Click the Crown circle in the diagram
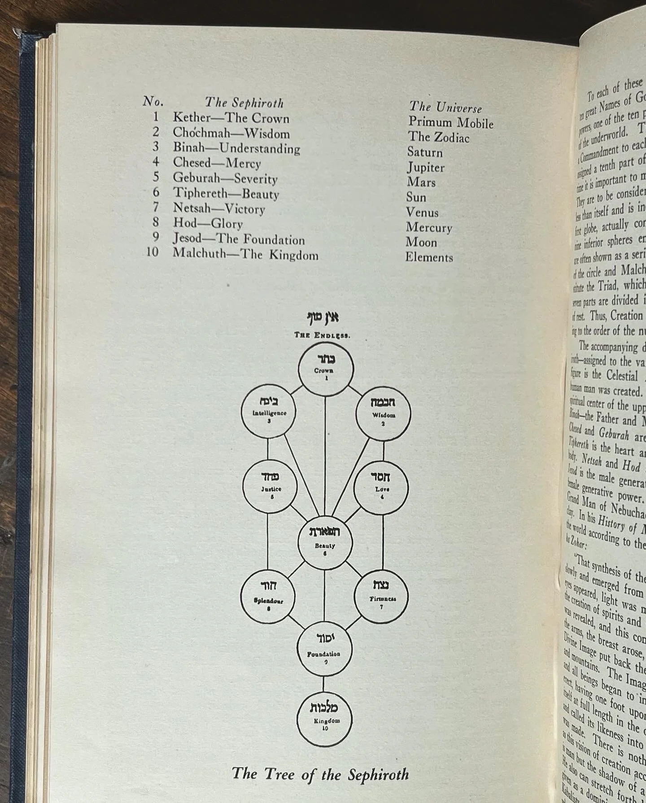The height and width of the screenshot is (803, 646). pos(326,369)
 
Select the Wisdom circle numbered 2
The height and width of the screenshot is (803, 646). pos(383,414)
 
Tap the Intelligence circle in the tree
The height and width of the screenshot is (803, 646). pos(269,412)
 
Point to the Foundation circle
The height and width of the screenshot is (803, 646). pos(325,649)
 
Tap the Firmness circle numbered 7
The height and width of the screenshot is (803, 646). pos(382,596)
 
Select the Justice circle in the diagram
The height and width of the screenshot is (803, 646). pos(271,486)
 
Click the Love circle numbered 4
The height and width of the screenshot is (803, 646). pos(381,487)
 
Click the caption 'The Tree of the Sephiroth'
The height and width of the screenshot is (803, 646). pos(320,774)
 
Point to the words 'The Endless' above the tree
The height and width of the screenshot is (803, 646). pos(322,335)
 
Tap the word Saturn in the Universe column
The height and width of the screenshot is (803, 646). pos(424,152)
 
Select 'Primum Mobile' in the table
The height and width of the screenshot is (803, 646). pos(450,122)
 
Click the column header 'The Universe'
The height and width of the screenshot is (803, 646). pos(445,107)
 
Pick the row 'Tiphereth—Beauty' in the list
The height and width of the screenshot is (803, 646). pos(226,193)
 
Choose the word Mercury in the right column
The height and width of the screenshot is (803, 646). pos(429,227)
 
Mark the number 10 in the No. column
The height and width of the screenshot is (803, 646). pos(153,252)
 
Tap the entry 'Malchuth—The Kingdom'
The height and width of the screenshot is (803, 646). pos(245,254)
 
